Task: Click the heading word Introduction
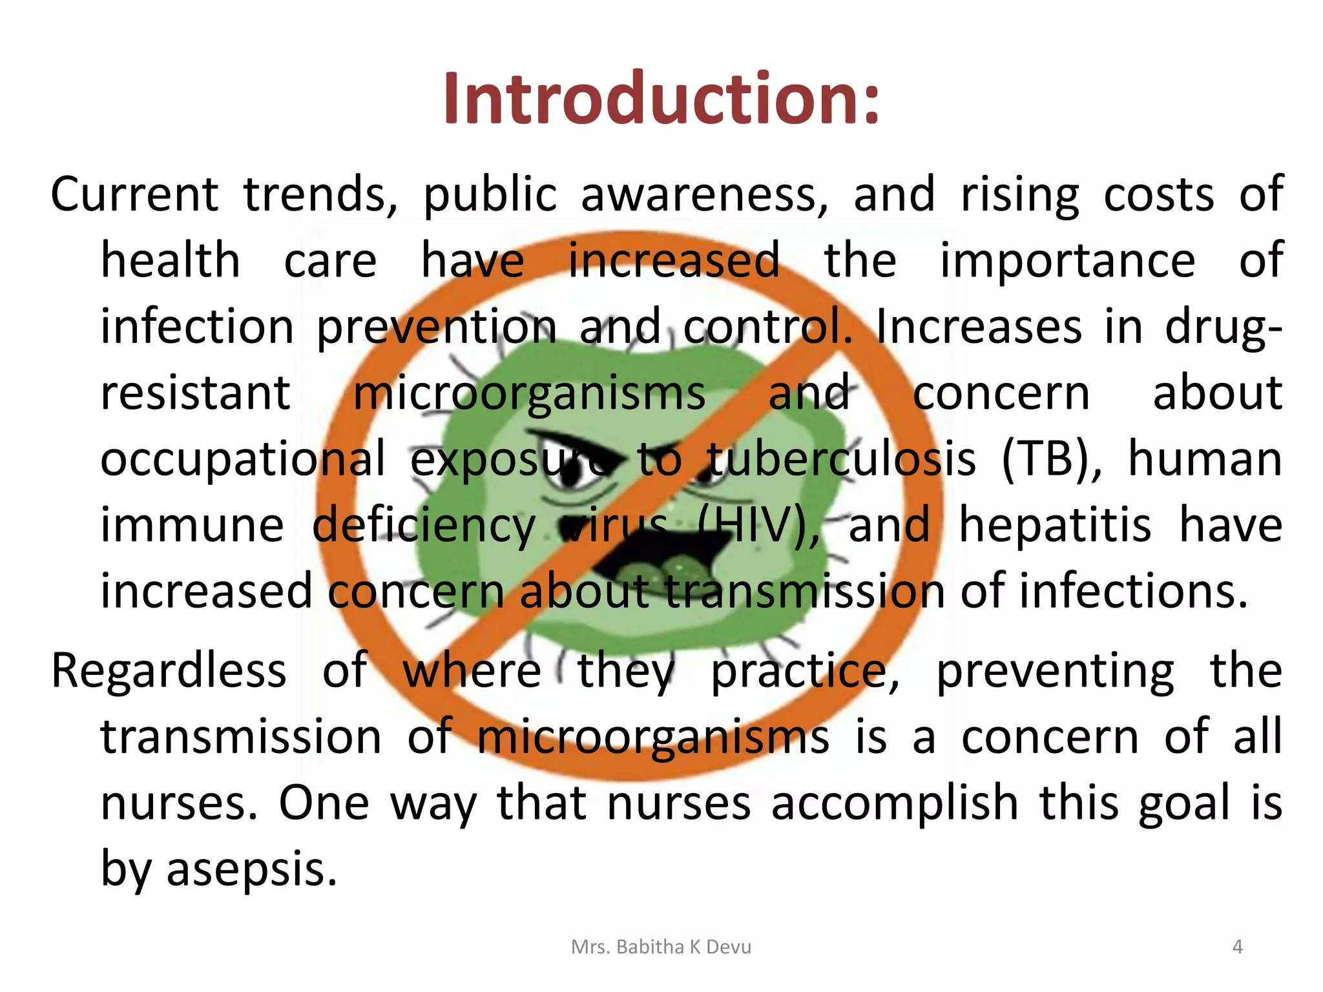click(661, 98)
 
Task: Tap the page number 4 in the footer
click(1237, 947)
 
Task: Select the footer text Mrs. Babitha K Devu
click(661, 947)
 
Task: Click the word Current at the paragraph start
click(134, 194)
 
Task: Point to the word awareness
click(704, 195)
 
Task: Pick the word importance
click(1067, 260)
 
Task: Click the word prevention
click(436, 327)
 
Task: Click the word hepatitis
click(1055, 526)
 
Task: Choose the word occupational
click(243, 459)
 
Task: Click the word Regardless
click(169, 670)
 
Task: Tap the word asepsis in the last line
click(252, 869)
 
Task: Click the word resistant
click(196, 393)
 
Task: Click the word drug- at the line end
click(1224, 327)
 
